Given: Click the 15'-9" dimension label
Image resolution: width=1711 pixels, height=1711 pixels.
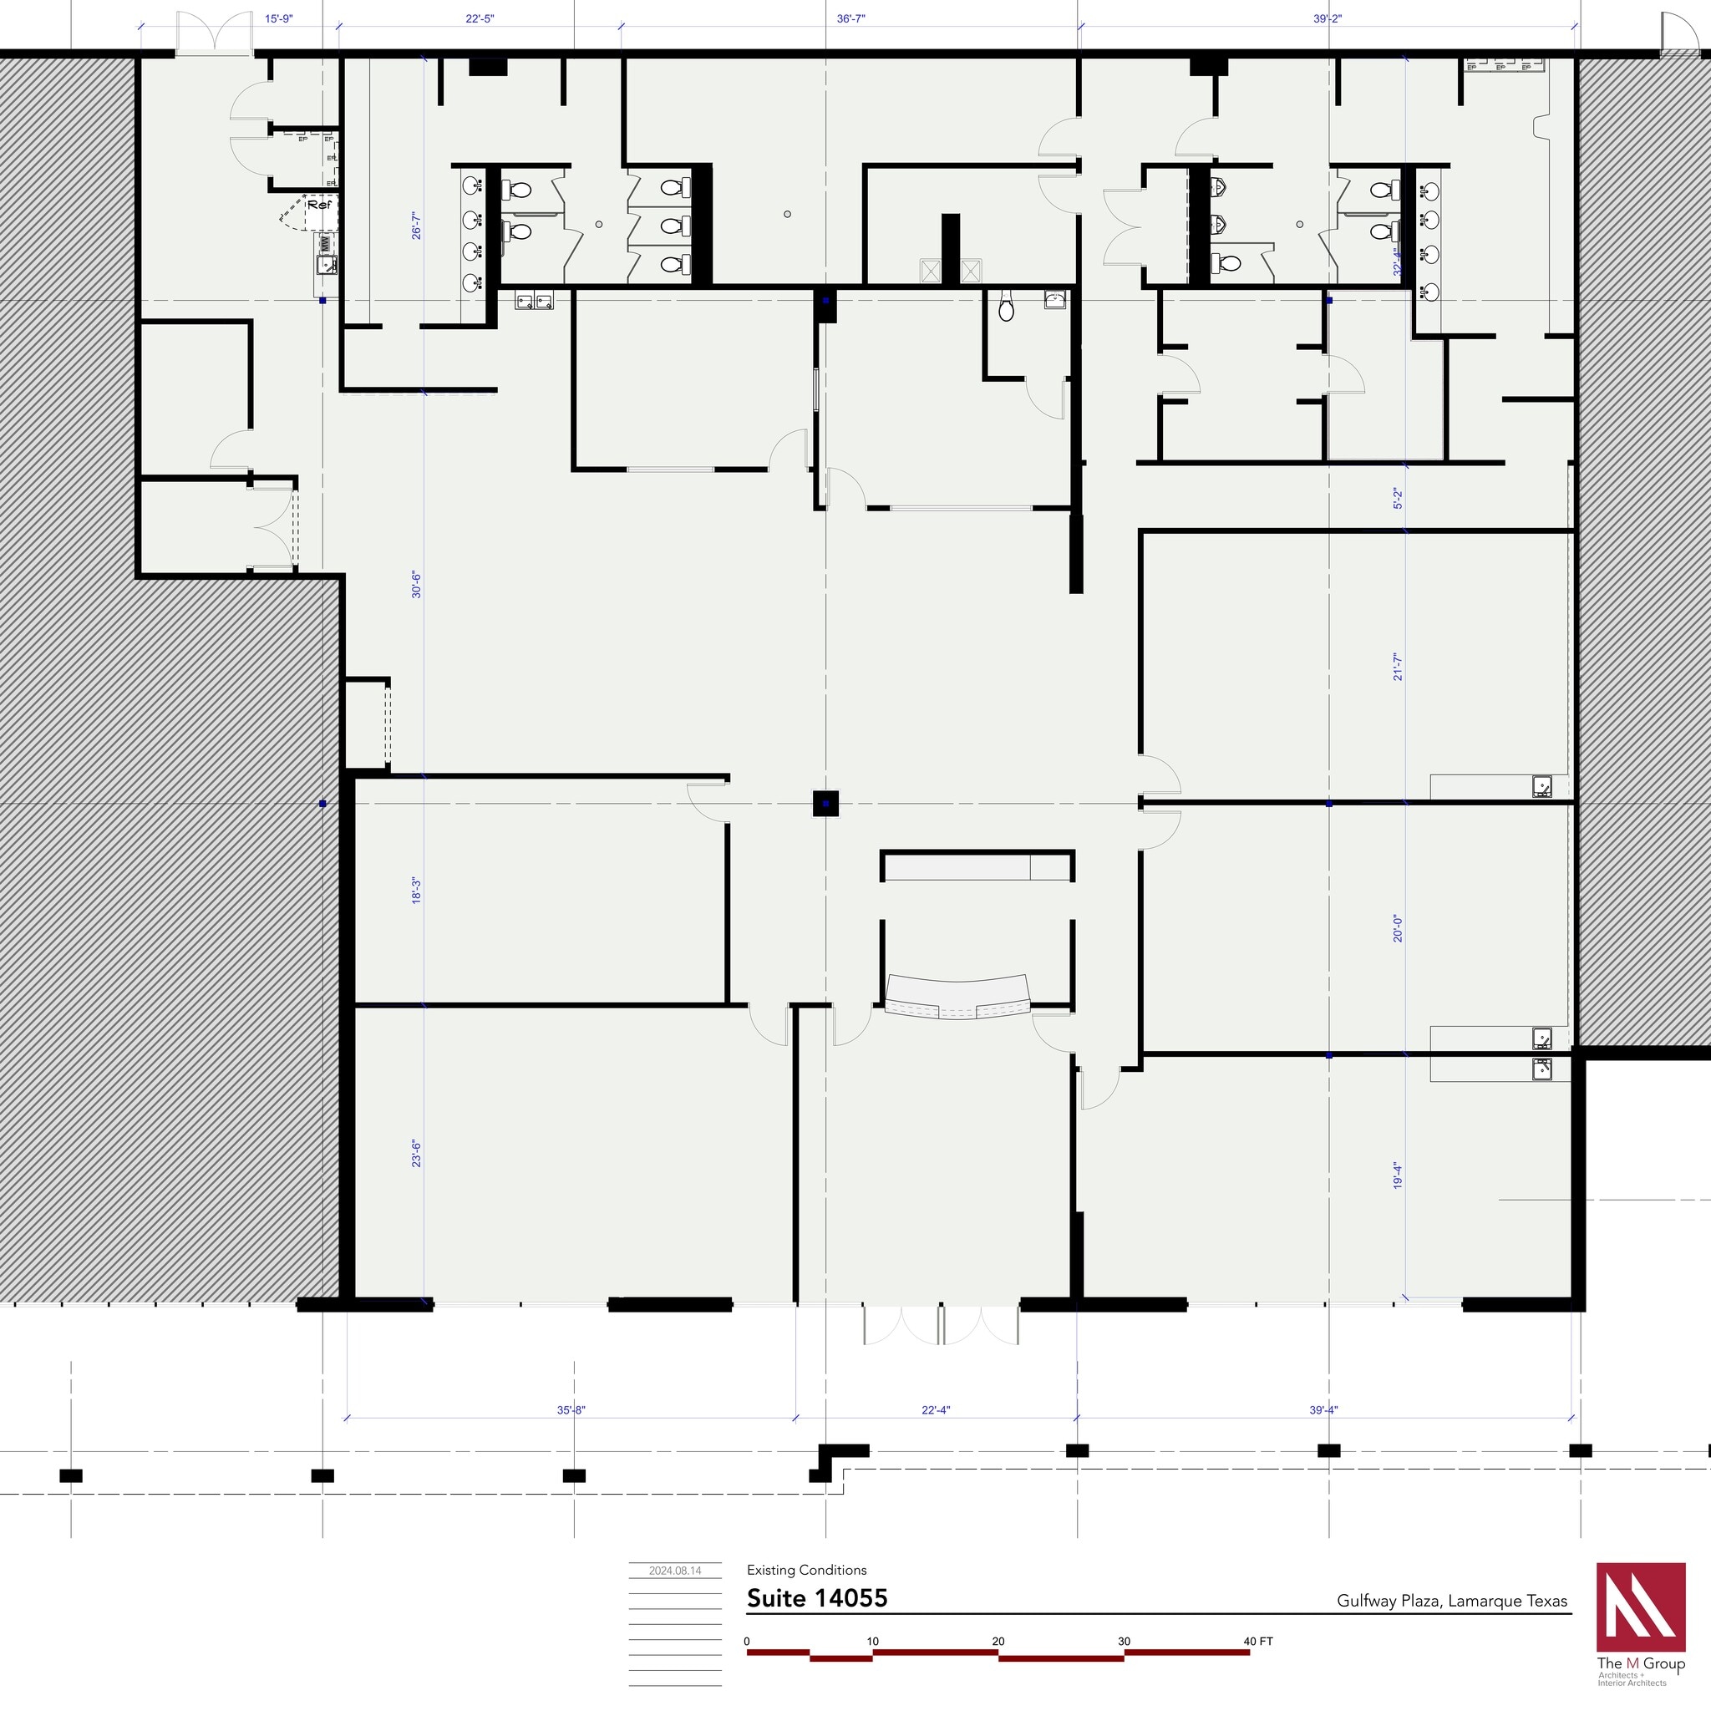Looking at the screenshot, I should (278, 18).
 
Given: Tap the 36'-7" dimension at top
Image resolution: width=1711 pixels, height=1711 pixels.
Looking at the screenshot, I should (850, 18).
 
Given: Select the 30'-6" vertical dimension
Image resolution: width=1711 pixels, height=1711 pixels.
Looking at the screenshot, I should (416, 585).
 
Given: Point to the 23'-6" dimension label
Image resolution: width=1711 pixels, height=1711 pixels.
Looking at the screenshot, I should (416, 1154).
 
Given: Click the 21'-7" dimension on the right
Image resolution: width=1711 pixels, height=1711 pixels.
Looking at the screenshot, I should (1398, 666).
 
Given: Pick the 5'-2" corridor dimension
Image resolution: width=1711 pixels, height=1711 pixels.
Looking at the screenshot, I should (1398, 499).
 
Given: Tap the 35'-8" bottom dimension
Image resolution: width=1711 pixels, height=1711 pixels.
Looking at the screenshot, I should (571, 1410).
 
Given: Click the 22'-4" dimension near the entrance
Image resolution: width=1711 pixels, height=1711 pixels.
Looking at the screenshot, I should (935, 1410).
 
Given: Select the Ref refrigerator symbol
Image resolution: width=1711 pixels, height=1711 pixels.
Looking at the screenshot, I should (319, 206).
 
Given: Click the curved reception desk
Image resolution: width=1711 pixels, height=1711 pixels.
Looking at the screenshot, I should (958, 997).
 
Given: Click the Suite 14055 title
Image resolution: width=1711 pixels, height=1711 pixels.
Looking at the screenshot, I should (816, 1598).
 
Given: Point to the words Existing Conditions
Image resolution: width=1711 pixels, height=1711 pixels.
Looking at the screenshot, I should (806, 1570).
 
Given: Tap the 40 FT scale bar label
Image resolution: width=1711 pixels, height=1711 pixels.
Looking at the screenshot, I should (1257, 1641).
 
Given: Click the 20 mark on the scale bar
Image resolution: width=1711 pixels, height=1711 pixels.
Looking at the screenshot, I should (998, 1641).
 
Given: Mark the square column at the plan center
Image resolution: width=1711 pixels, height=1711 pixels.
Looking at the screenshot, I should (825, 803).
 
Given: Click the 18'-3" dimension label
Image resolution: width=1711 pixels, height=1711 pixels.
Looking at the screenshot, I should (416, 890).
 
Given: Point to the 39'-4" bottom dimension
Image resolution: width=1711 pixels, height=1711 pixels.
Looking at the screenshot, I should (1323, 1410).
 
